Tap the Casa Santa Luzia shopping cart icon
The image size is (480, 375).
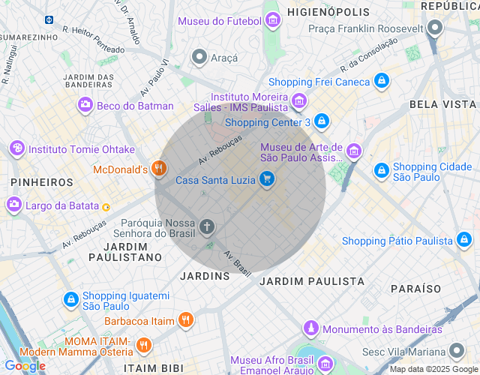[266, 179]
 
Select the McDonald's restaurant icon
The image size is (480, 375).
[157, 169]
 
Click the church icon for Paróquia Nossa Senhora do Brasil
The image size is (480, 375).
[207, 226]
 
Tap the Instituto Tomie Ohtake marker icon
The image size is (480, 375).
[16, 149]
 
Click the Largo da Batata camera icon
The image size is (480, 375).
[14, 205]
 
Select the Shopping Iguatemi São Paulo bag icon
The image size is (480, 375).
[70, 300]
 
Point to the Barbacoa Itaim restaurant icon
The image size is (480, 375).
[186, 320]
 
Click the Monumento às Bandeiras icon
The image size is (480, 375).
[311, 328]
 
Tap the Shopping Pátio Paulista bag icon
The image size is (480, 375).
[464, 241]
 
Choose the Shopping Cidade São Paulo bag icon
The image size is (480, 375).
[381, 171]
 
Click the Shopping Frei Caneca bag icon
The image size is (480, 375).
[382, 81]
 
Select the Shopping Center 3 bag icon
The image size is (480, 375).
[322, 121]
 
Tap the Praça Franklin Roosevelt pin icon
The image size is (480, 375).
[436, 29]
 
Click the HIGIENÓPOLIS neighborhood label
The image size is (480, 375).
[329, 12]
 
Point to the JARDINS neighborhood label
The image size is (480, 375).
[205, 276]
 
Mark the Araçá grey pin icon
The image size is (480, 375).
[199, 57]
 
